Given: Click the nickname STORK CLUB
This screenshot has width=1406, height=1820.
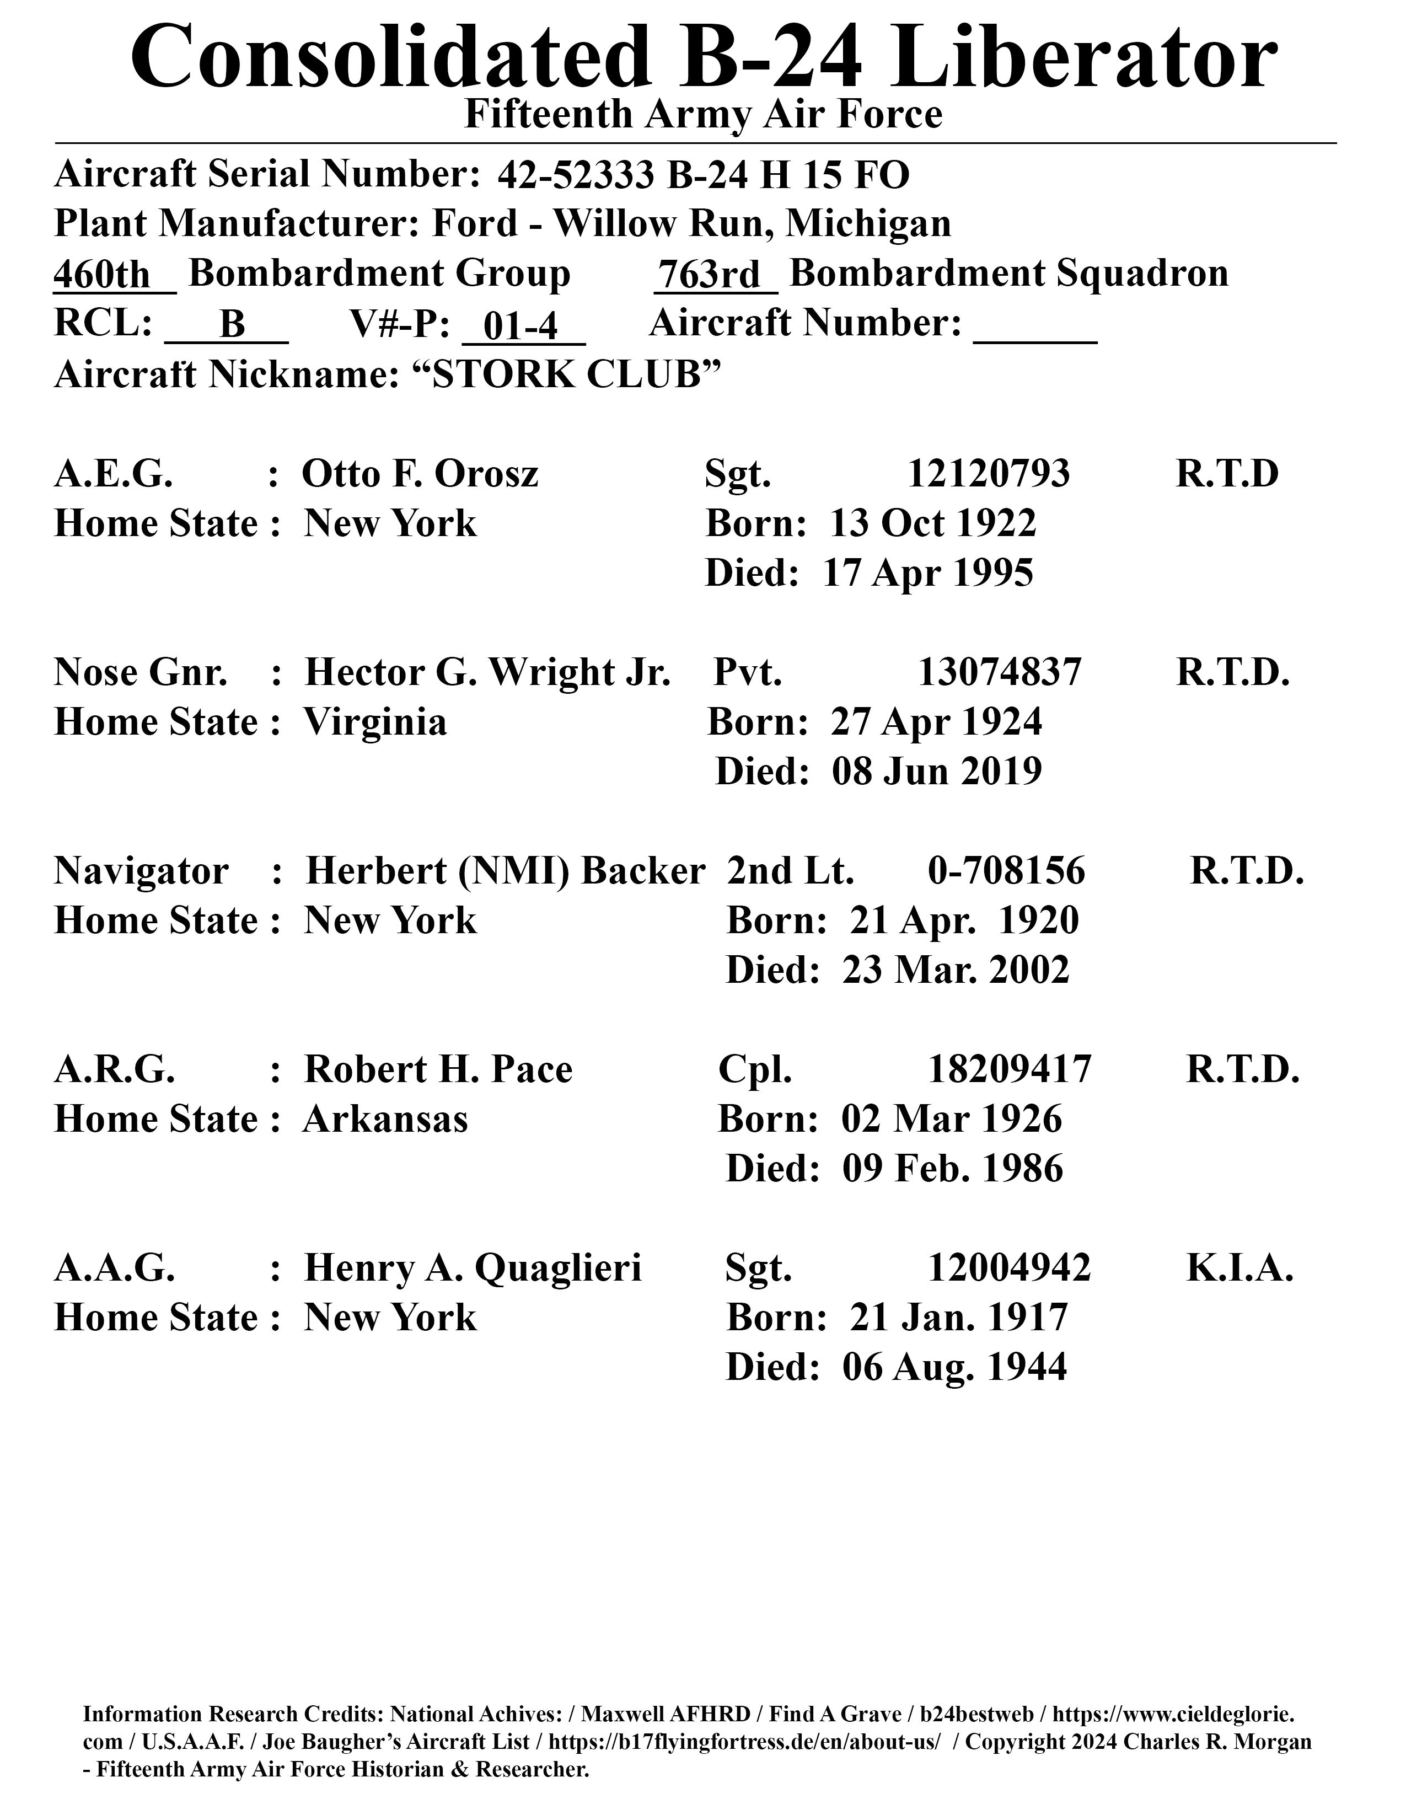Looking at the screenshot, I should (566, 376).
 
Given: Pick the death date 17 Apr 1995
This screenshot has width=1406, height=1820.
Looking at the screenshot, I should (928, 574).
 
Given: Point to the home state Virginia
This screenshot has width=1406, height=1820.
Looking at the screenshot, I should (375, 722).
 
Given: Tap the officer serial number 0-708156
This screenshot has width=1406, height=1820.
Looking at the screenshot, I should (1006, 871).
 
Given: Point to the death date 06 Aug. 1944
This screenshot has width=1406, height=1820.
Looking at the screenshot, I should (954, 1368).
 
